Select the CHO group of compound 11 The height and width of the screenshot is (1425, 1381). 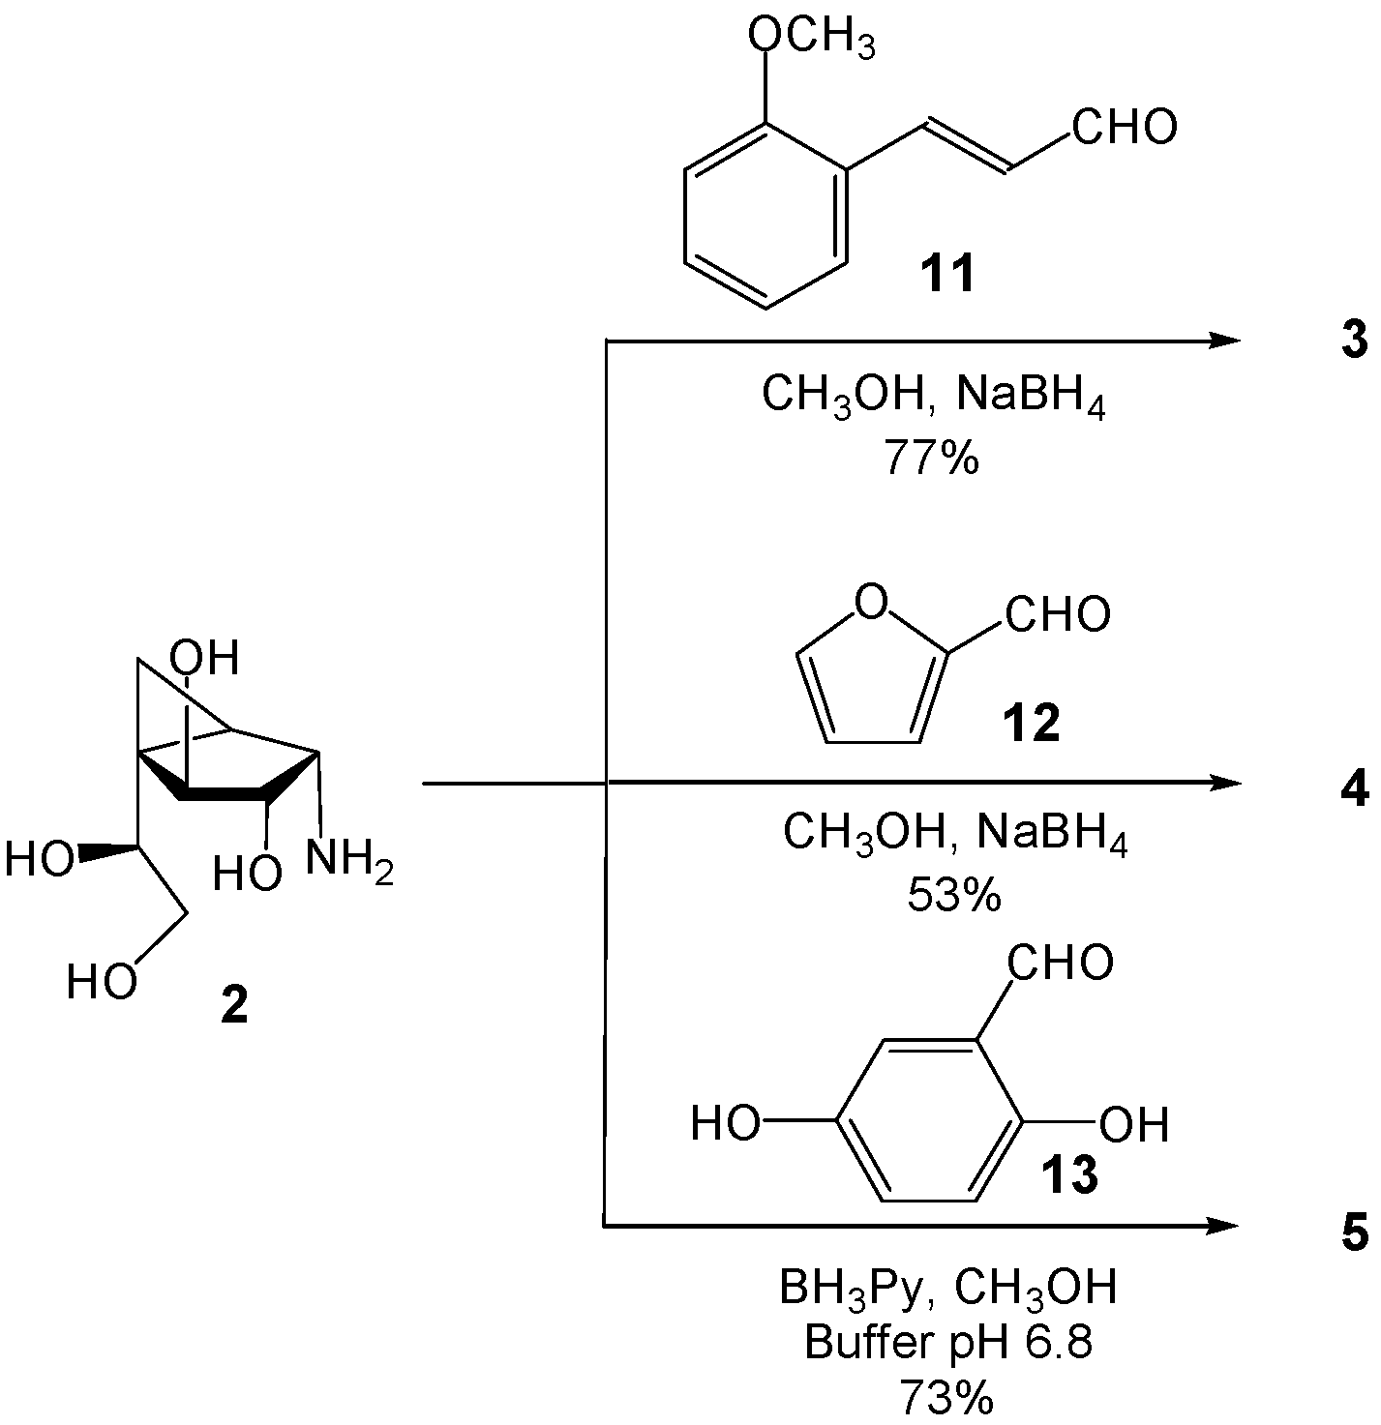click(1124, 127)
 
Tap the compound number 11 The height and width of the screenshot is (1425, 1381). click(947, 276)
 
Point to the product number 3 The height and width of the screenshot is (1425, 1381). click(1355, 341)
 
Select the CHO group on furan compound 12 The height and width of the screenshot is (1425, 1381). click(1057, 614)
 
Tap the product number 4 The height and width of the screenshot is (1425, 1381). click(1355, 789)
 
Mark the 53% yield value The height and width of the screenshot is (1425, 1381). click(953, 896)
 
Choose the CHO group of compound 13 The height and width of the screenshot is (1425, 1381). click(1061, 964)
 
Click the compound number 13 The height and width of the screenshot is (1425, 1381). click(1068, 1174)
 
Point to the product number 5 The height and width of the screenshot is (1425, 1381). click(1355, 1235)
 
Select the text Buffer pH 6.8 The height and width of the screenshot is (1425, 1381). click(948, 1345)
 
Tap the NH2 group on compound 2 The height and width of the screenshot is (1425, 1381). click(349, 859)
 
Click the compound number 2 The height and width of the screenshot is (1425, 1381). click(234, 1007)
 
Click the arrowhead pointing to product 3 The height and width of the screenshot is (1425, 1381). click(1225, 341)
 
